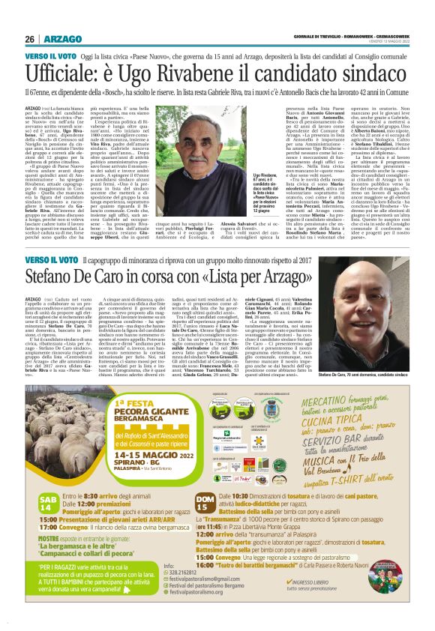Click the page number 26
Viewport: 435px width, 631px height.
coord(30,39)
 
